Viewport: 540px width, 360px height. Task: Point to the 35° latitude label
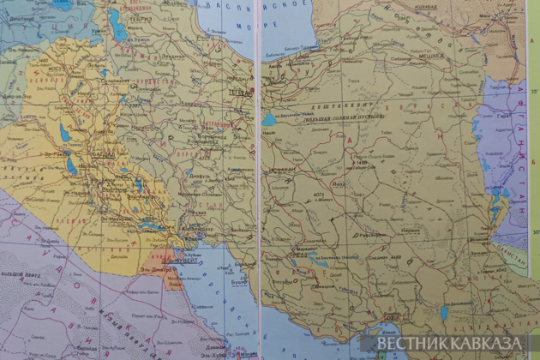click(532, 90)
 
